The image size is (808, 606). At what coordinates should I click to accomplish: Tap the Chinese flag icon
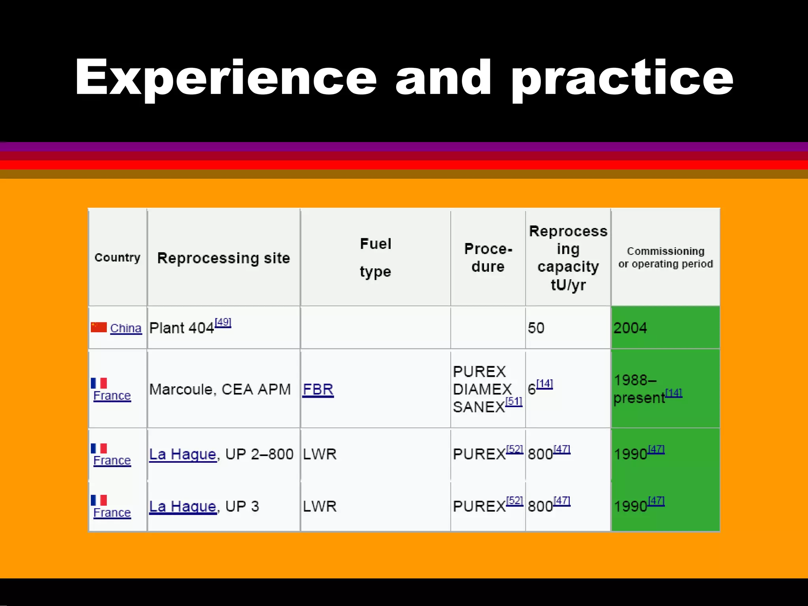[99, 327]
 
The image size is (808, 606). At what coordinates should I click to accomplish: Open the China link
[125, 328]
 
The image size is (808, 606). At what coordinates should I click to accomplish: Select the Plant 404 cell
[182, 328]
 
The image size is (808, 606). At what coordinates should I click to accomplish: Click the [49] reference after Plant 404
[223, 322]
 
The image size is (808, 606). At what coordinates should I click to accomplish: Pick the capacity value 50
[536, 328]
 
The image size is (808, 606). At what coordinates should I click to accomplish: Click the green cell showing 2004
[665, 327]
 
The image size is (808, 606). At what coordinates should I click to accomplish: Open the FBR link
[318, 389]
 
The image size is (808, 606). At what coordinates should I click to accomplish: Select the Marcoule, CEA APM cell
[220, 389]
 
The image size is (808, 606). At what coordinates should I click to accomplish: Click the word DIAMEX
[482, 389]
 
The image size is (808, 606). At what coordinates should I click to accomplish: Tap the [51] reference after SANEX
[514, 402]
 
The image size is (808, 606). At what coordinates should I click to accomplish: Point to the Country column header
[118, 258]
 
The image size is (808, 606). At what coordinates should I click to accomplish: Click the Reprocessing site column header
[223, 258]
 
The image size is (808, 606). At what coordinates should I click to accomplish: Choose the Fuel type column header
[375, 257]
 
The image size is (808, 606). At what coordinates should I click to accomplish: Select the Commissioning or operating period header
[665, 257]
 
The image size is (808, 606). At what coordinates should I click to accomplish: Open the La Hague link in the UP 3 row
[183, 506]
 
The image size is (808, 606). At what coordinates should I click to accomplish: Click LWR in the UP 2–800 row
[320, 454]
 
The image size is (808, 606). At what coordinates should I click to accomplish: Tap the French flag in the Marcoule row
[99, 383]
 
